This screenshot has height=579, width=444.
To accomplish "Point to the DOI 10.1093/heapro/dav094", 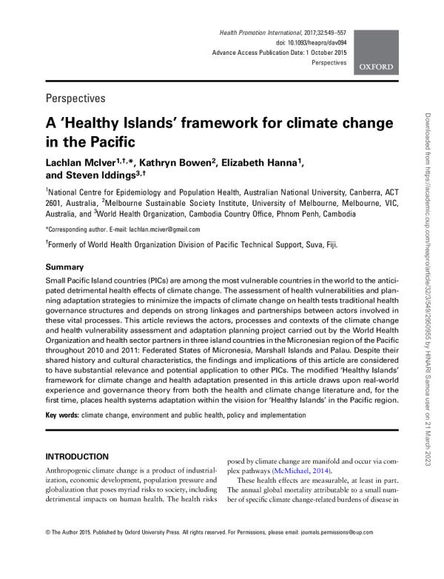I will tap(311, 44).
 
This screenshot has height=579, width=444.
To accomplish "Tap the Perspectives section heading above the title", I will tap(75, 98).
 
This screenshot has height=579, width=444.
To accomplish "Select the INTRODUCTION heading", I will tap(77, 456).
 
